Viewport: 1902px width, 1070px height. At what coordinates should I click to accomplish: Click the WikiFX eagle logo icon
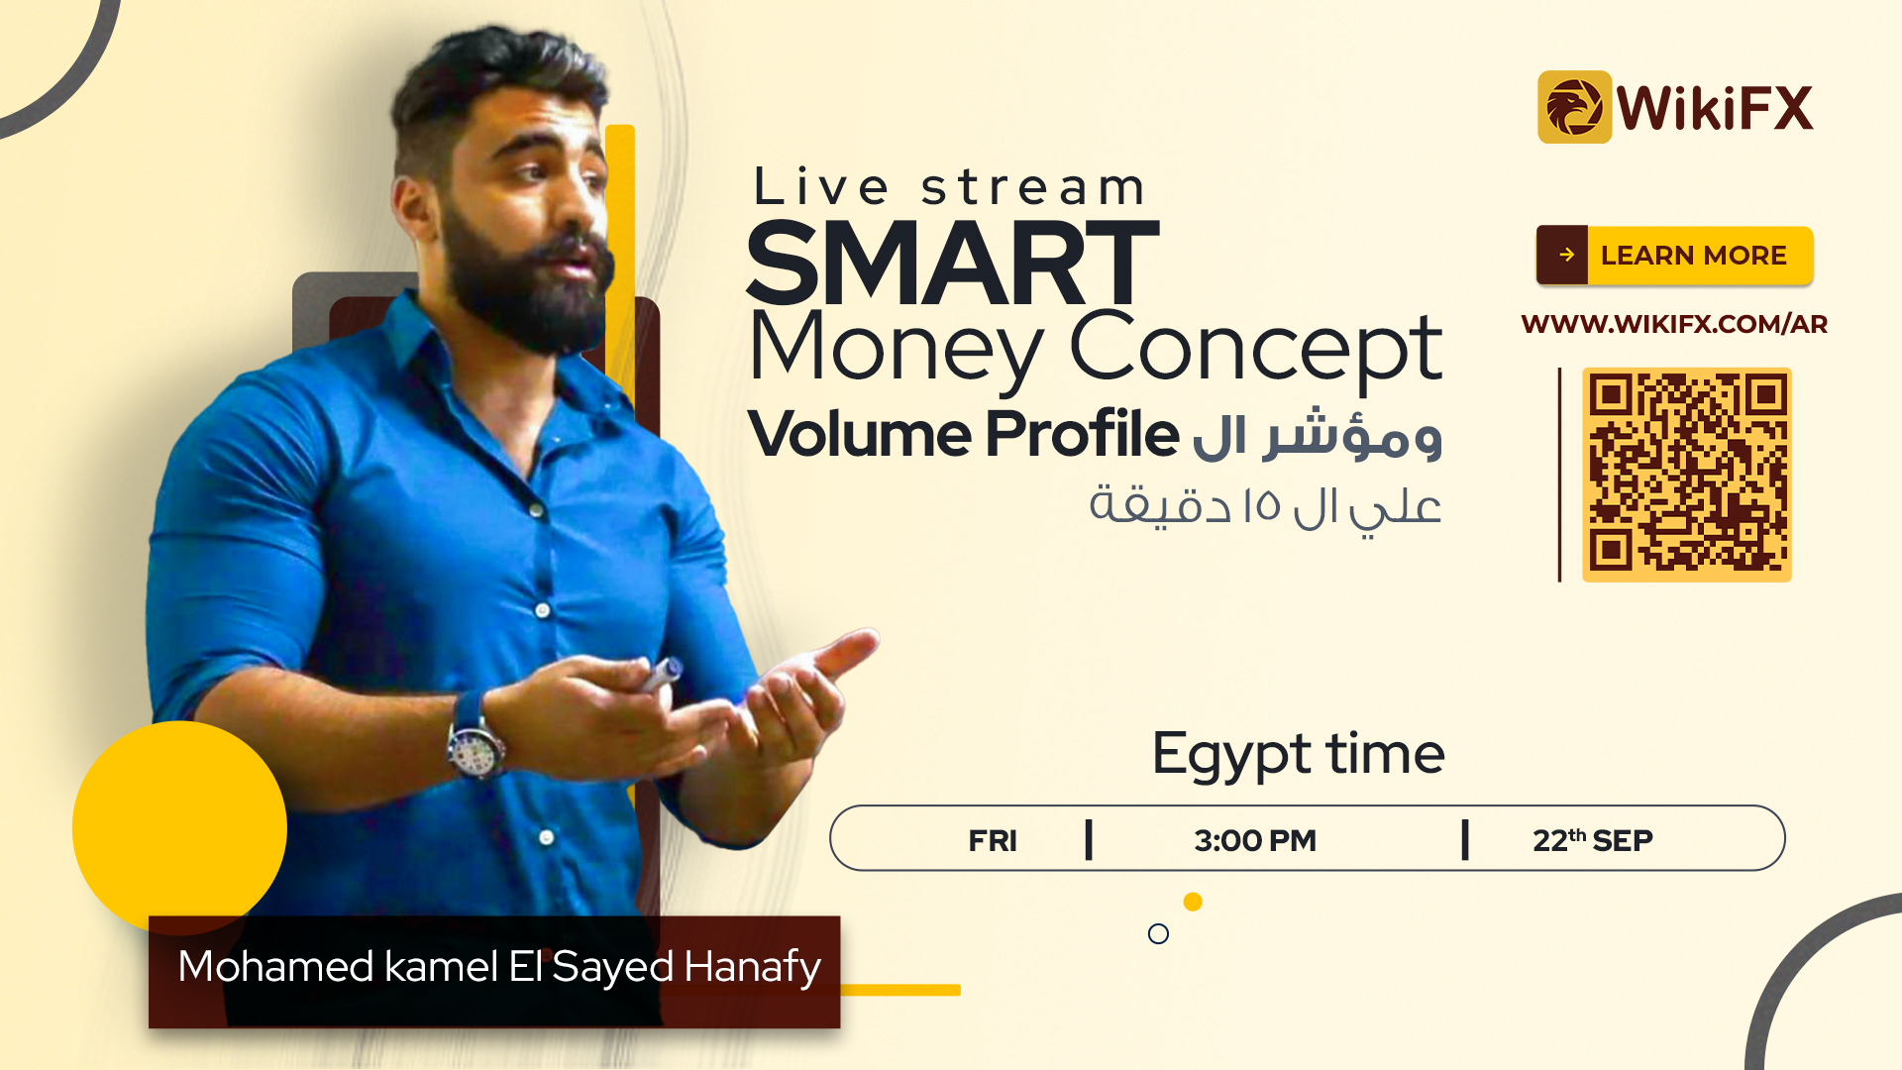tap(1574, 107)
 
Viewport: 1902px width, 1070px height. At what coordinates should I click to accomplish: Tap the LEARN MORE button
tap(1674, 256)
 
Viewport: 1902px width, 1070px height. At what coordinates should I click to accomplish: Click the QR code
tap(1686, 475)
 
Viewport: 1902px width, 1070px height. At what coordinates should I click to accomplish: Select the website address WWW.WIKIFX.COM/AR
tap(1674, 324)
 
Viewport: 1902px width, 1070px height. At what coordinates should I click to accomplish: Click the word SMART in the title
tap(952, 263)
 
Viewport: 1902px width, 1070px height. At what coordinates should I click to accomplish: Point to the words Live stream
tap(949, 187)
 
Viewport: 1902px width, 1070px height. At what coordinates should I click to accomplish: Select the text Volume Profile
tap(964, 434)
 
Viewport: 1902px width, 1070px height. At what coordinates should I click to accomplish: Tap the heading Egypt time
tap(1298, 755)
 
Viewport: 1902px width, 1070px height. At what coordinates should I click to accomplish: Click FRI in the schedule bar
tap(993, 840)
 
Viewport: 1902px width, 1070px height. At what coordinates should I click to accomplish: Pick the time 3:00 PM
tap(1255, 840)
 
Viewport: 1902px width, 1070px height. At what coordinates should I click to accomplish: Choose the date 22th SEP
tap(1593, 840)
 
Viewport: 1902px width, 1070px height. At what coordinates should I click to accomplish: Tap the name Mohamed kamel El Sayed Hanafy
tap(499, 967)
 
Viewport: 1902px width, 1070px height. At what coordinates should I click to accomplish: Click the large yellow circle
tap(179, 828)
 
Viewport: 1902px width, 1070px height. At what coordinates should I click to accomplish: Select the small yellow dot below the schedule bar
tap(1193, 902)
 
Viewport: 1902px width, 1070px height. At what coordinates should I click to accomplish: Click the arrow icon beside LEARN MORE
tap(1566, 255)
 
